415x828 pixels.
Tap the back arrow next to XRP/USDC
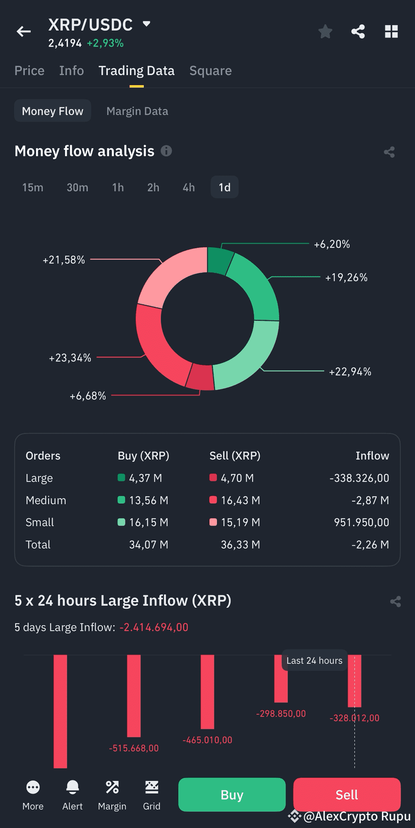(24, 32)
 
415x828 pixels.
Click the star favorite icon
(325, 32)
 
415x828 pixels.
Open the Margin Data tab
(137, 111)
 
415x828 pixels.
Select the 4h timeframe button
(188, 187)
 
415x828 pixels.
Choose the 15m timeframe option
(33, 187)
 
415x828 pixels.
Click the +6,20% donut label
(331, 244)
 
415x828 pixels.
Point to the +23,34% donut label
(70, 358)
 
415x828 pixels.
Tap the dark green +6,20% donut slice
(220, 260)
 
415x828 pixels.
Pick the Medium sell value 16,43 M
(240, 500)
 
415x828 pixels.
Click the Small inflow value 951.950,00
(361, 522)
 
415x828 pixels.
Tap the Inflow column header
(372, 456)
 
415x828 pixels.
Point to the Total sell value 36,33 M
(240, 545)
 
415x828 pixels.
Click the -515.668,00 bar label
(134, 748)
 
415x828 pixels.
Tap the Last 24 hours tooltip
(314, 660)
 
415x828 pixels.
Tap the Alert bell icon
(73, 787)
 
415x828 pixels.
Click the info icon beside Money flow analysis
(166, 151)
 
